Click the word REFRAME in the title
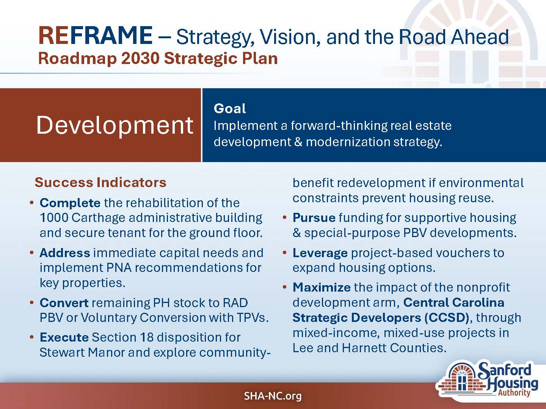click(96, 36)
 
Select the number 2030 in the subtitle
click(140, 59)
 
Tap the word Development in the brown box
click(115, 126)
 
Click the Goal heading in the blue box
click(230, 109)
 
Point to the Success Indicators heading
click(100, 182)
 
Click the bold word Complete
click(70, 203)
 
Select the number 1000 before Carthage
click(54, 218)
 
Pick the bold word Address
click(65, 253)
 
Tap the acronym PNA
click(119, 268)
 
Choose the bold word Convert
click(64, 303)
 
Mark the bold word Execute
click(64, 337)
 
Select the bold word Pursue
click(314, 218)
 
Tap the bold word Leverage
click(320, 253)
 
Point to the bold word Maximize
click(322, 287)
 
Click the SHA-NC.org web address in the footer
click(273, 396)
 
